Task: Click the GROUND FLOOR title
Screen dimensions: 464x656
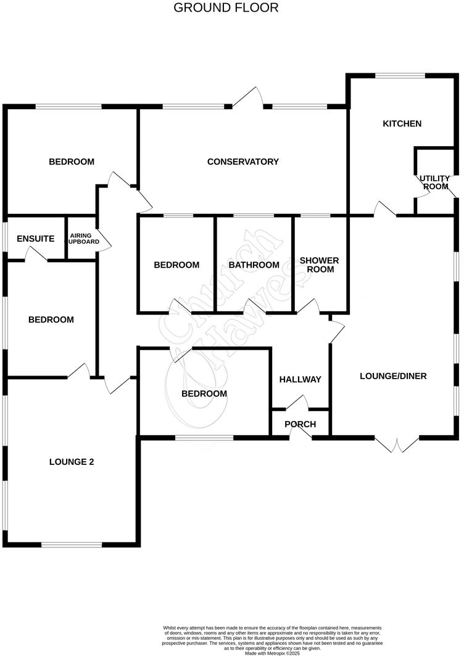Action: click(x=226, y=8)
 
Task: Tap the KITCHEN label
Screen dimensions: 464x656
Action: click(x=402, y=124)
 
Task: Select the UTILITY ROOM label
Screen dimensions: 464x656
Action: click(x=434, y=182)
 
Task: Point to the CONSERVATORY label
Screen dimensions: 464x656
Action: click(x=242, y=162)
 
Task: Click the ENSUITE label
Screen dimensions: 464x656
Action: click(x=36, y=239)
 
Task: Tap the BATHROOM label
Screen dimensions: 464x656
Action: click(x=254, y=265)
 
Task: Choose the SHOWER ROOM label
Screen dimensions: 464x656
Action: click(x=319, y=265)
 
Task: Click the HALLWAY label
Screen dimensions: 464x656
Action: click(x=300, y=380)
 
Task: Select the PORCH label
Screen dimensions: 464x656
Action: click(x=300, y=424)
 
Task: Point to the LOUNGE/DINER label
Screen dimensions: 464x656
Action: click(x=393, y=376)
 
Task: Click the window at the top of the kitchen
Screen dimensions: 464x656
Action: click(x=400, y=76)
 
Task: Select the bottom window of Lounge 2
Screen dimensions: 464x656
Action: click(x=72, y=544)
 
